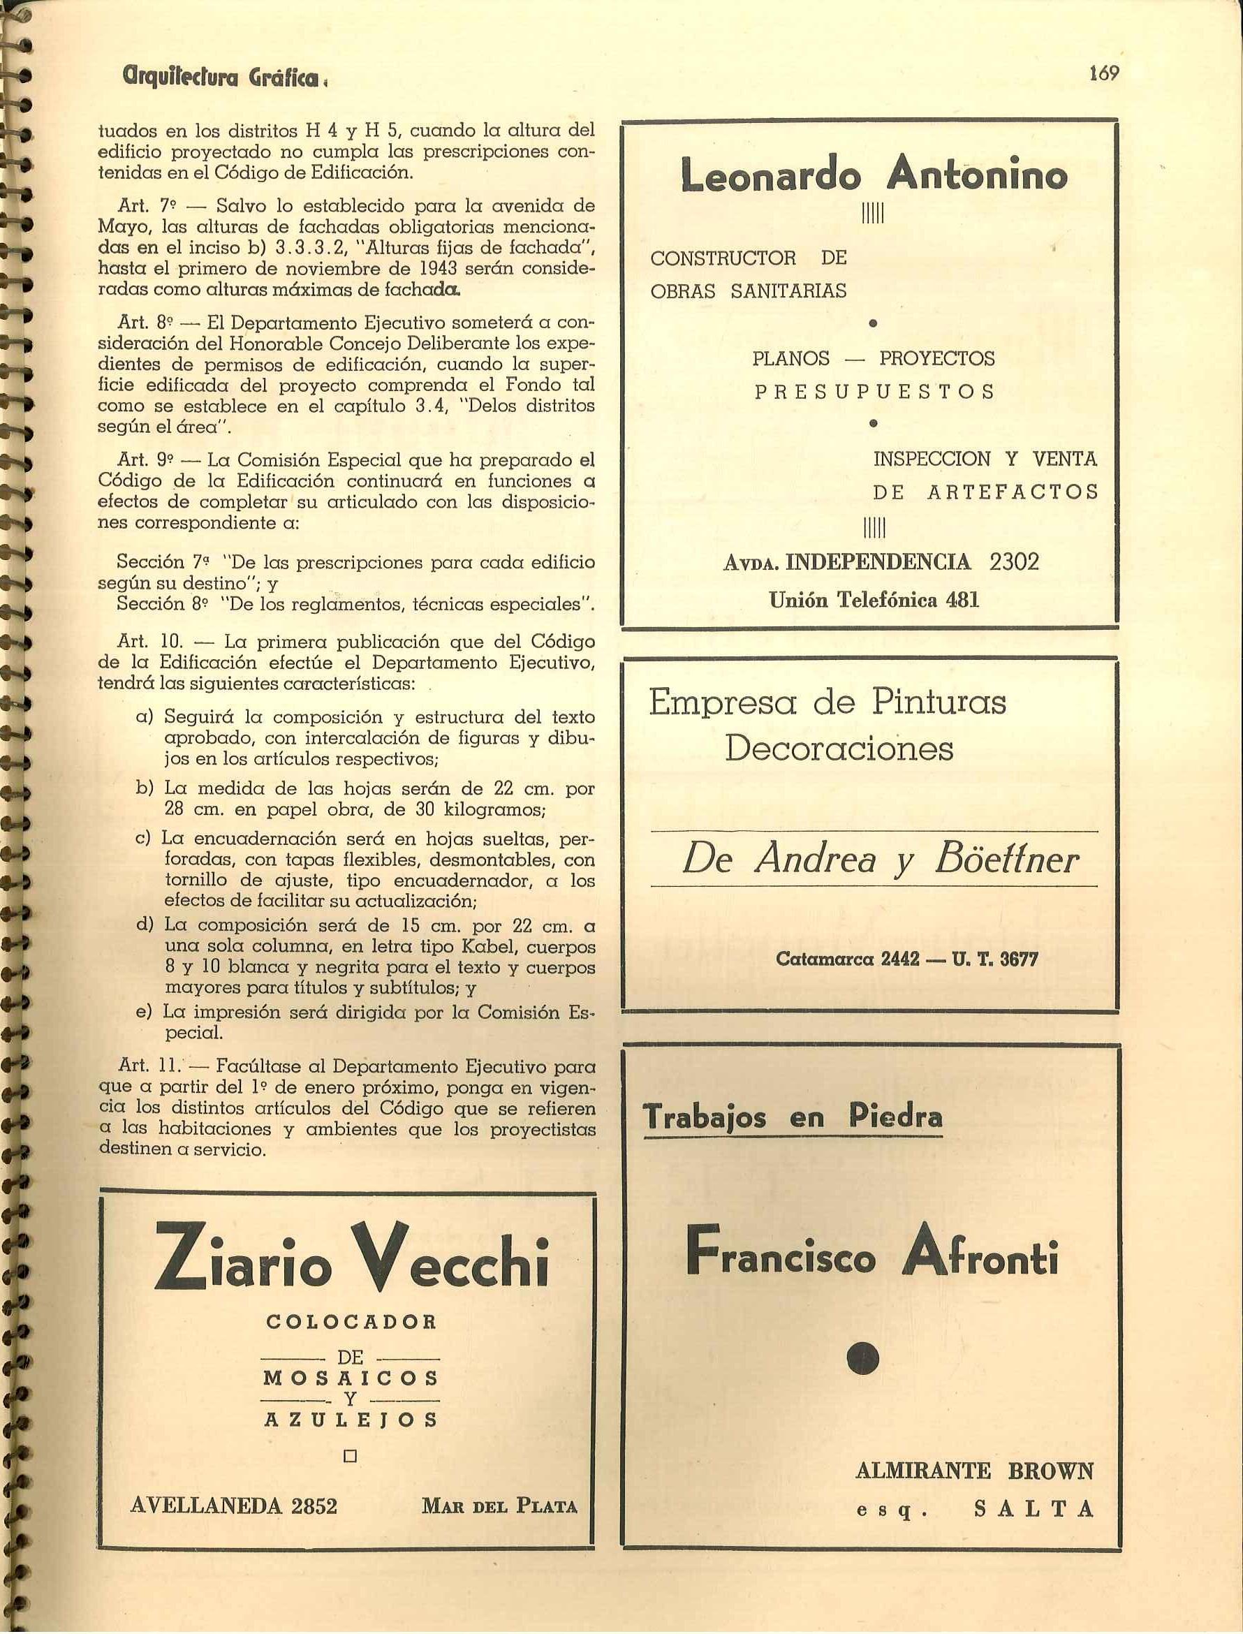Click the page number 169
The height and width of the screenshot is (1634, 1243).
[x=1104, y=73]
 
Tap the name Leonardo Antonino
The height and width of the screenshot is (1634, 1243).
[x=874, y=177]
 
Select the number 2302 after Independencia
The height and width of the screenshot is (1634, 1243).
[x=1014, y=561]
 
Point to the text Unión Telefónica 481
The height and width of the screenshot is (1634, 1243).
[x=874, y=600]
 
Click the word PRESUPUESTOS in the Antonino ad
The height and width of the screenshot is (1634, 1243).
[x=874, y=391]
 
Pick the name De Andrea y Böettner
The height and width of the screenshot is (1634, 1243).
[x=880, y=860]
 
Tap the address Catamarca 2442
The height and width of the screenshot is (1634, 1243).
[x=848, y=959]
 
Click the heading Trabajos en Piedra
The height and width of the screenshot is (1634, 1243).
[x=794, y=1116]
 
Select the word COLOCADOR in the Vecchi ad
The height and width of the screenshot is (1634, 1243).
[x=351, y=1321]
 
